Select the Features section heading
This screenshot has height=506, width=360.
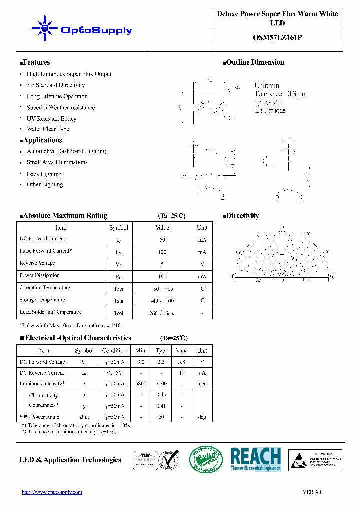pos(35,62)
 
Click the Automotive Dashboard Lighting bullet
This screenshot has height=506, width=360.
pos(66,151)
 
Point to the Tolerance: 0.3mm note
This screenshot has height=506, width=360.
pos(280,94)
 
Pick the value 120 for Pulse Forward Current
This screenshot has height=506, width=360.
pos(162,252)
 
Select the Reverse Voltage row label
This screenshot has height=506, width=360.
pos(37,263)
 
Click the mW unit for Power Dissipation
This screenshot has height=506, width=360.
pos(202,276)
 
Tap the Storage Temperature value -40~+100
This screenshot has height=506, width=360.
pos(162,301)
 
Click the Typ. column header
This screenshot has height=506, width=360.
pos(161,351)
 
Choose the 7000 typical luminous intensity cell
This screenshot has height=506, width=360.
pos(161,384)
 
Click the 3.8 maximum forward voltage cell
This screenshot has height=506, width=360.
pos(182,362)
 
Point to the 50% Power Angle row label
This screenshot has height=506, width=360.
pos(39,417)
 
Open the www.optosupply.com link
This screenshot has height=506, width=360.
pos(52,492)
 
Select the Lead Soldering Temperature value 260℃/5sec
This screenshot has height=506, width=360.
pos(162,313)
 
